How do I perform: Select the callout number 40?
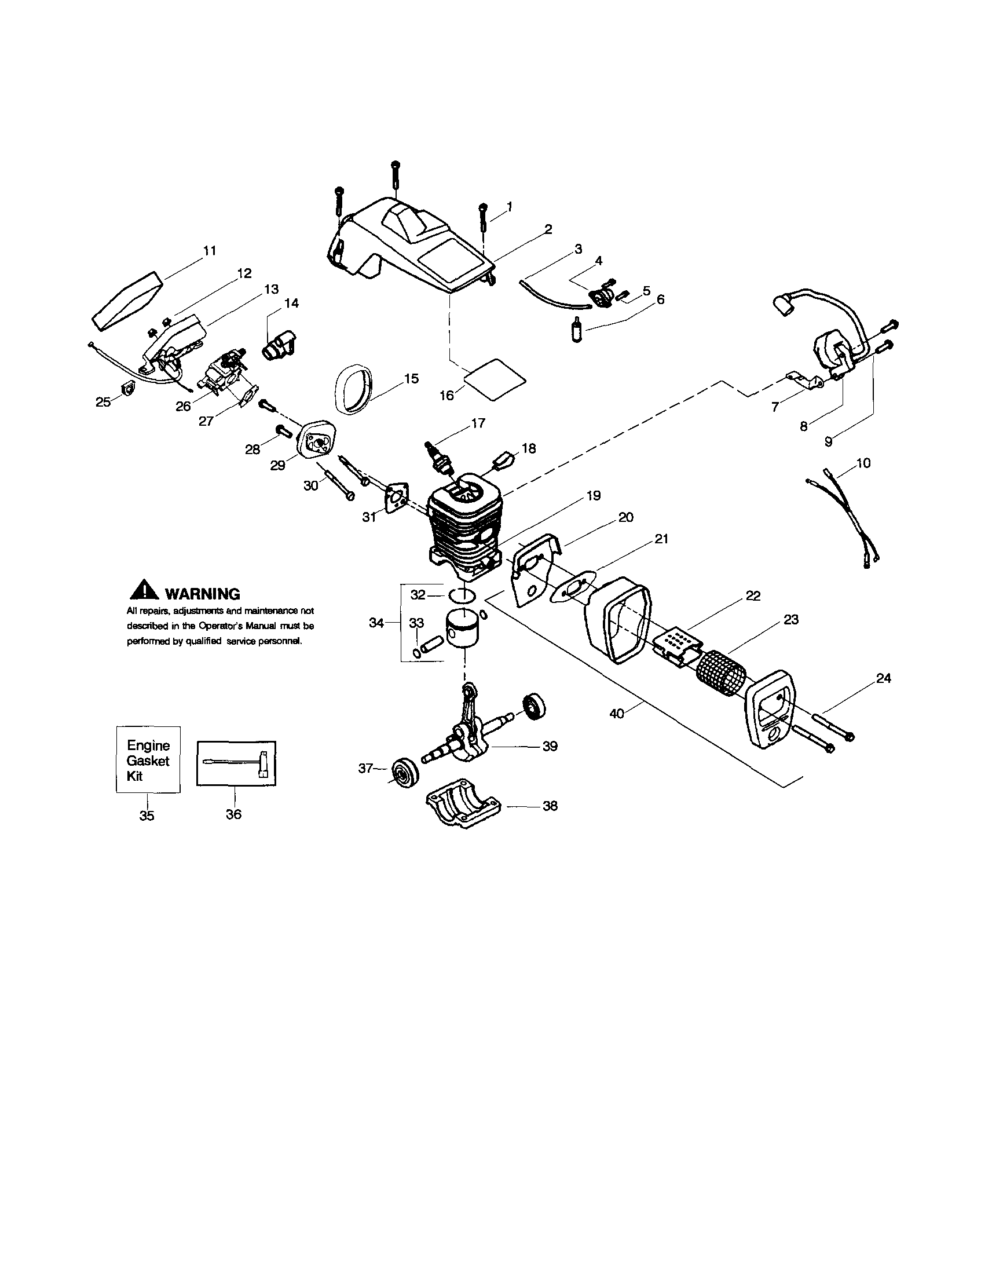[x=617, y=714]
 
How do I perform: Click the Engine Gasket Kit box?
[x=148, y=760]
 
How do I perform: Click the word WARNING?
[x=203, y=594]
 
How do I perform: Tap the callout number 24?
[x=883, y=678]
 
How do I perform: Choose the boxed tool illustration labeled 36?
[x=236, y=763]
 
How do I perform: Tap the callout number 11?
[x=210, y=251]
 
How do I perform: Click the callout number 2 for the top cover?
[x=547, y=230]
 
